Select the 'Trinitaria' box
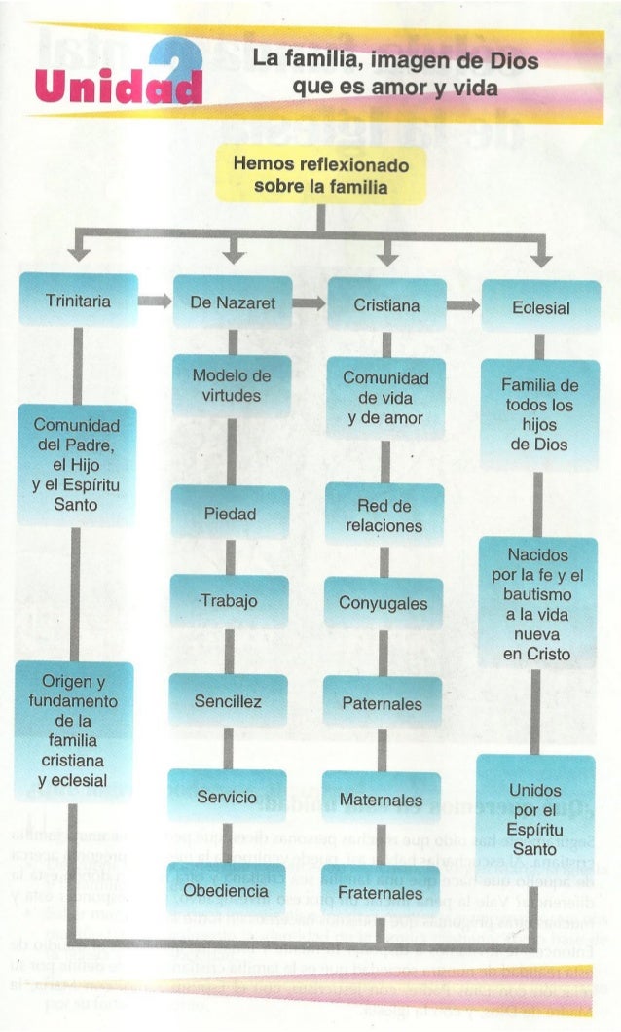point(79,302)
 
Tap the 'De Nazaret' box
point(233,303)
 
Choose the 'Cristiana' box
point(386,305)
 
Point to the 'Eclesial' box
point(540,307)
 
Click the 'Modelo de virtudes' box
point(232,385)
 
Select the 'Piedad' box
point(230,514)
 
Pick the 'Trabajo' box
point(230,601)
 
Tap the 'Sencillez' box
point(228,700)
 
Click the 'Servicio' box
point(227,797)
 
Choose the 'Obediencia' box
point(225,891)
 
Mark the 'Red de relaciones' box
point(384,516)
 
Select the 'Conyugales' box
point(383,603)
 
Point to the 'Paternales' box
point(382,702)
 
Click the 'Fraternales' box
point(380,893)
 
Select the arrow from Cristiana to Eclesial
point(463,305)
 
